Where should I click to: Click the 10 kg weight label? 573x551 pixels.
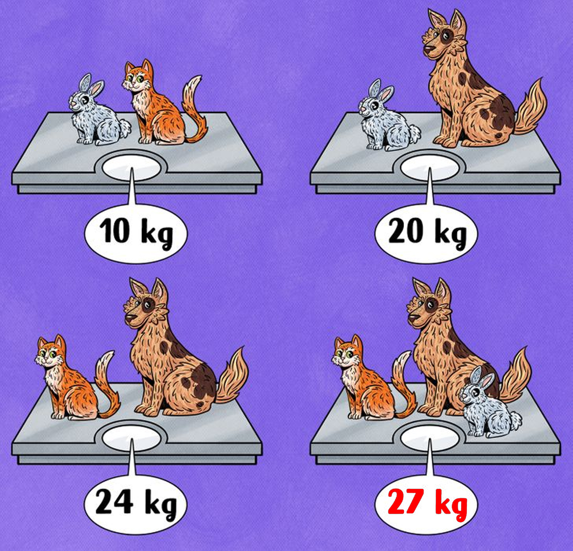(136, 234)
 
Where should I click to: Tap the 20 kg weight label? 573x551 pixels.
(427, 234)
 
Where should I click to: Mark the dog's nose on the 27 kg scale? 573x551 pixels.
(413, 318)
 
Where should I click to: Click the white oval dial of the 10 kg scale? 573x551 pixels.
(132, 168)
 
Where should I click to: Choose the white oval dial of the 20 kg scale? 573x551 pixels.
(430, 168)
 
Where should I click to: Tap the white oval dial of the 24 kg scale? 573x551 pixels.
(132, 437)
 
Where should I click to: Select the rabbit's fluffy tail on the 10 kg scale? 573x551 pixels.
(126, 128)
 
